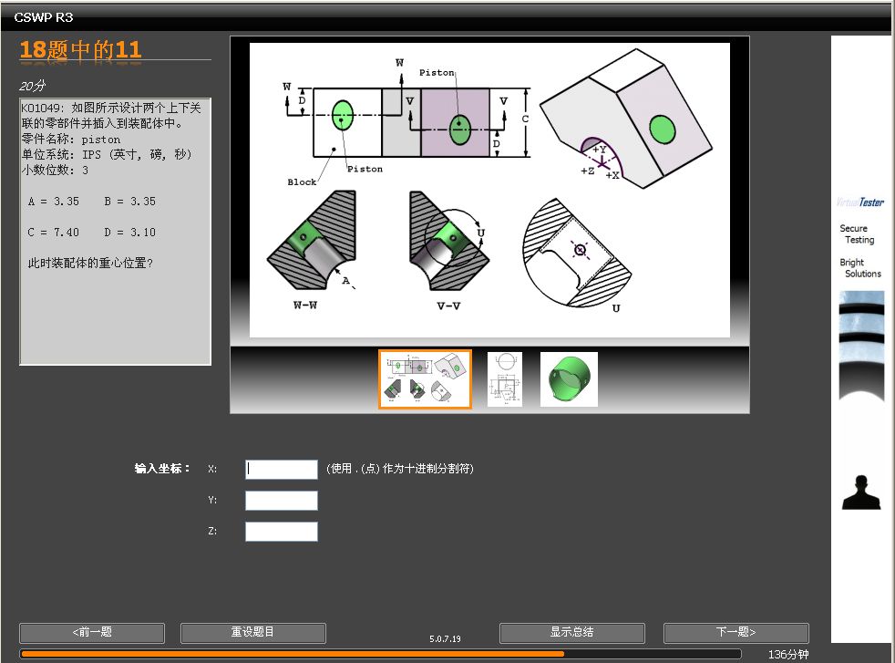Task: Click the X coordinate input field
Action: coord(282,470)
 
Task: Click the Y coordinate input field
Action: coord(282,501)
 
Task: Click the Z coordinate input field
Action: coord(282,532)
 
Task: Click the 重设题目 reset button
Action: coord(252,633)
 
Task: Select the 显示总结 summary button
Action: coord(572,633)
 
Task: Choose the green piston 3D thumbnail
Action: coord(569,379)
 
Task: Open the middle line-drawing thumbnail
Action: coord(505,379)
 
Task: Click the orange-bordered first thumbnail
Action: coord(426,379)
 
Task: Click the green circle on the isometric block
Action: coord(662,129)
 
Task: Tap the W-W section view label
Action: coord(305,306)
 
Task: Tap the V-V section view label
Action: coord(448,306)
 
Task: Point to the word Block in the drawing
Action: coord(302,182)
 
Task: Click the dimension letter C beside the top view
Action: coord(525,119)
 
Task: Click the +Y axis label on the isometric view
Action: coord(600,150)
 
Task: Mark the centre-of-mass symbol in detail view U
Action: coord(580,250)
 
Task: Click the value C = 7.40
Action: coord(53,233)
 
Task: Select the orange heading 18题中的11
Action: coord(80,49)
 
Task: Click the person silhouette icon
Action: coord(861,492)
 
